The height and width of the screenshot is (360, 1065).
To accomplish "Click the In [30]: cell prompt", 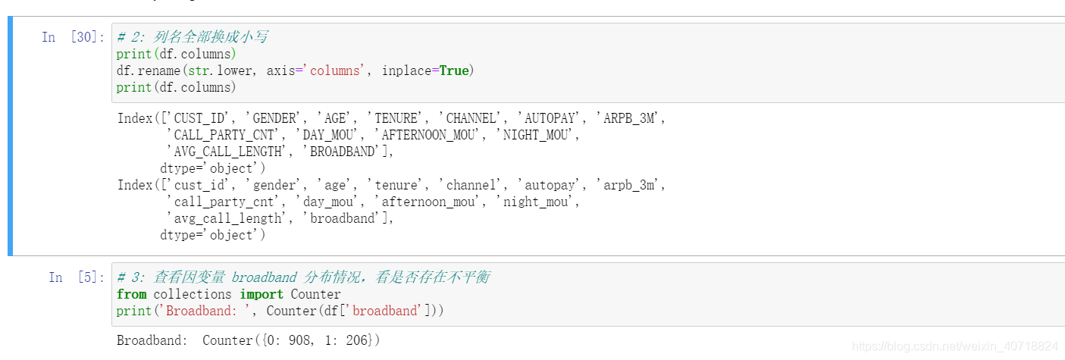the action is pyautogui.click(x=73, y=37).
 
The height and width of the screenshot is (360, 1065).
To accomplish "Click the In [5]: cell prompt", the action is pyautogui.click(x=73, y=277).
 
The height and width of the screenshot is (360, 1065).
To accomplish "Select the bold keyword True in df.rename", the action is pyautogui.click(x=454, y=70).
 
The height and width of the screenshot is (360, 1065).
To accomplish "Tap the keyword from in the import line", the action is pyautogui.click(x=132, y=294).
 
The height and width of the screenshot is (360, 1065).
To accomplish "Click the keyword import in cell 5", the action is pyautogui.click(x=262, y=294).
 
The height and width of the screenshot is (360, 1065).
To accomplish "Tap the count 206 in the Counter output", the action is pyautogui.click(x=356, y=340).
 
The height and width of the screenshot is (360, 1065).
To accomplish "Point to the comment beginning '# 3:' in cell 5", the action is pyautogui.click(x=303, y=277).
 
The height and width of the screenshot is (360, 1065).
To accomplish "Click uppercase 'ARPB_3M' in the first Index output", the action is pyautogui.click(x=629, y=118).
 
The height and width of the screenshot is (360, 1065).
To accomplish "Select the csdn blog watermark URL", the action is pyautogui.click(x=955, y=346).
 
